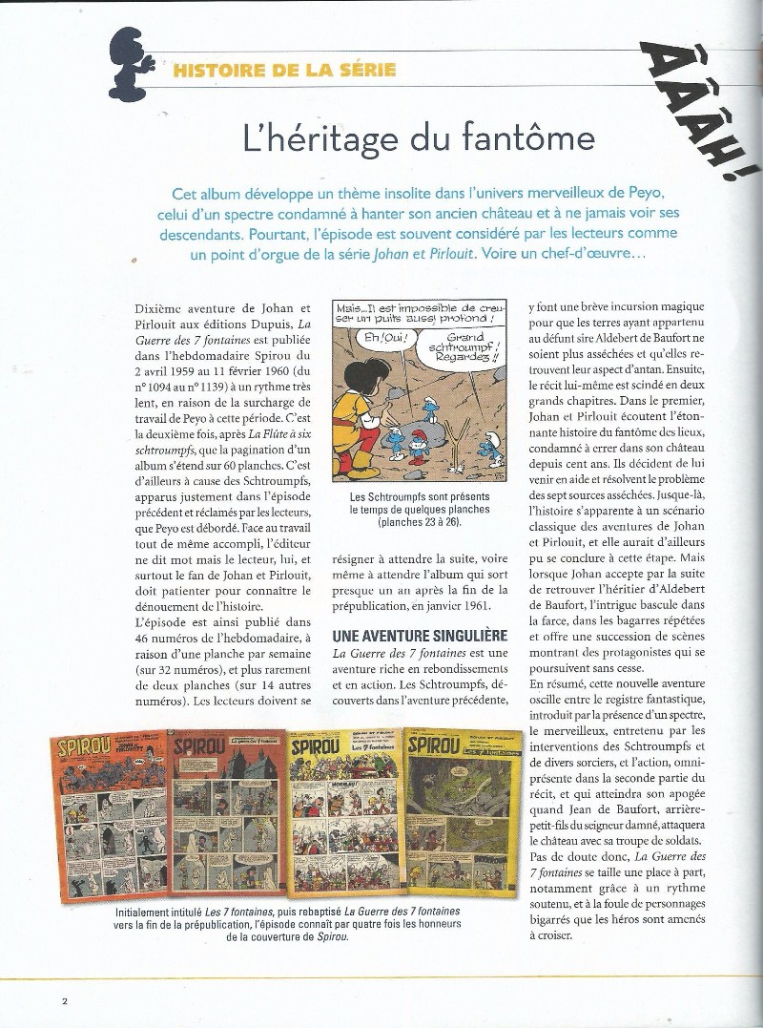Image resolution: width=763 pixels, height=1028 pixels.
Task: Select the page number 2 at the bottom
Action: tap(64, 1001)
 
